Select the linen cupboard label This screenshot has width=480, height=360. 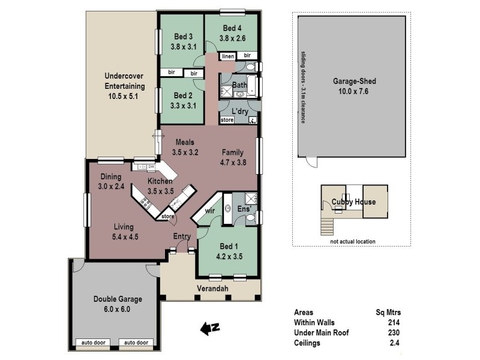tap(227, 56)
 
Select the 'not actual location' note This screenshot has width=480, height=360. tap(352, 242)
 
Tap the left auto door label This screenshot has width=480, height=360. tap(92, 343)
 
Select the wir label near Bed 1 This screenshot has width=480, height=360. tap(210, 211)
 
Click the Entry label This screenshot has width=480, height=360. tap(182, 236)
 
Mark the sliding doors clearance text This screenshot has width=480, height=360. tap(304, 86)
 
